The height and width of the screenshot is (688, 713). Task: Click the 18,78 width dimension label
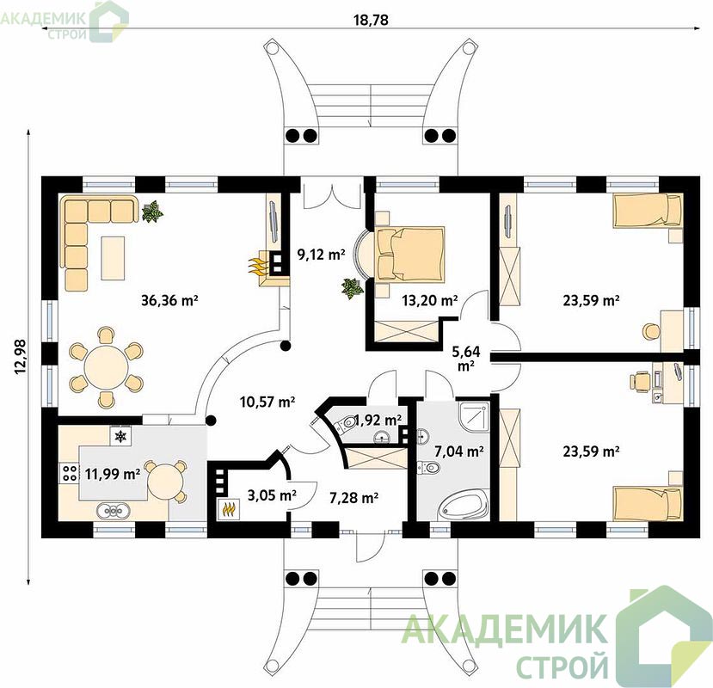[x=371, y=20]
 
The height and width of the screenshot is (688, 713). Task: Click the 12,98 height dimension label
[x=21, y=357]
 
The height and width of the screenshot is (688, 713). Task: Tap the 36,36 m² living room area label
[x=169, y=300]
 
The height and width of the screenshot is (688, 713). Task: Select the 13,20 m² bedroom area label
[x=430, y=300]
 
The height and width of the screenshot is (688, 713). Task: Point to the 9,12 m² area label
[x=321, y=255]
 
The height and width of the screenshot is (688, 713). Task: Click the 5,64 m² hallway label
[x=465, y=358]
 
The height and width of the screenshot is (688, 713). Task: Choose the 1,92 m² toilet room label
[x=378, y=420]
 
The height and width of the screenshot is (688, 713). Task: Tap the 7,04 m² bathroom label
[x=458, y=451]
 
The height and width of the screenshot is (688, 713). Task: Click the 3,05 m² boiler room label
[x=272, y=494]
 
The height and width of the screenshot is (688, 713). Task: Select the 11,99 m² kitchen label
[x=113, y=474]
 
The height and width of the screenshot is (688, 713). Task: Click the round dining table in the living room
[x=106, y=366]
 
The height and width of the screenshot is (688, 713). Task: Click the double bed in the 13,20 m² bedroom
[x=409, y=254]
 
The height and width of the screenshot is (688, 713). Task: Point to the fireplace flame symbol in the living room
[x=257, y=266]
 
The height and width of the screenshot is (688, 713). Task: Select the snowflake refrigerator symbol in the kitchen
[x=120, y=437]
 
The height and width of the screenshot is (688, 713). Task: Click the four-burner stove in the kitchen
[x=69, y=473]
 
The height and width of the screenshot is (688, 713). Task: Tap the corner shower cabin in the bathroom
[x=473, y=416]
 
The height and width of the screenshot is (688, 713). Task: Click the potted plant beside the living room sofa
[x=152, y=212]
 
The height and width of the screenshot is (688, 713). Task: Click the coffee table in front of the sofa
[x=113, y=258]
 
